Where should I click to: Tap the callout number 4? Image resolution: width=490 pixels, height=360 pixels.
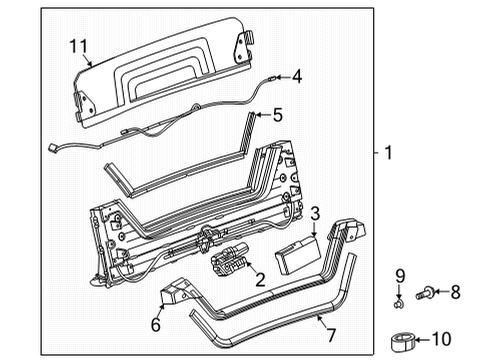tap(297, 76)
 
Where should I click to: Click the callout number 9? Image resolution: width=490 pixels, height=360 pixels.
tap(398, 274)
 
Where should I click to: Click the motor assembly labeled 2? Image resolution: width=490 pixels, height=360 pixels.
tap(233, 263)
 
